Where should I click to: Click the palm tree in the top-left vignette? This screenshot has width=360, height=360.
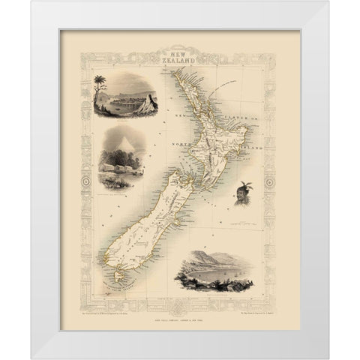coord(101,85)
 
